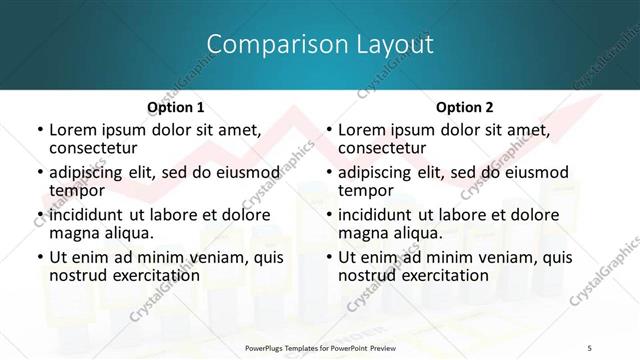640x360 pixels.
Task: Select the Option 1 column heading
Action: tap(176, 107)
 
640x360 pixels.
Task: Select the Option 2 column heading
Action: tap(465, 107)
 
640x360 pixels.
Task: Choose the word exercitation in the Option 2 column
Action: tap(442, 275)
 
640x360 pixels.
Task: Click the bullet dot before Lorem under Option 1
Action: tap(38, 131)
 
